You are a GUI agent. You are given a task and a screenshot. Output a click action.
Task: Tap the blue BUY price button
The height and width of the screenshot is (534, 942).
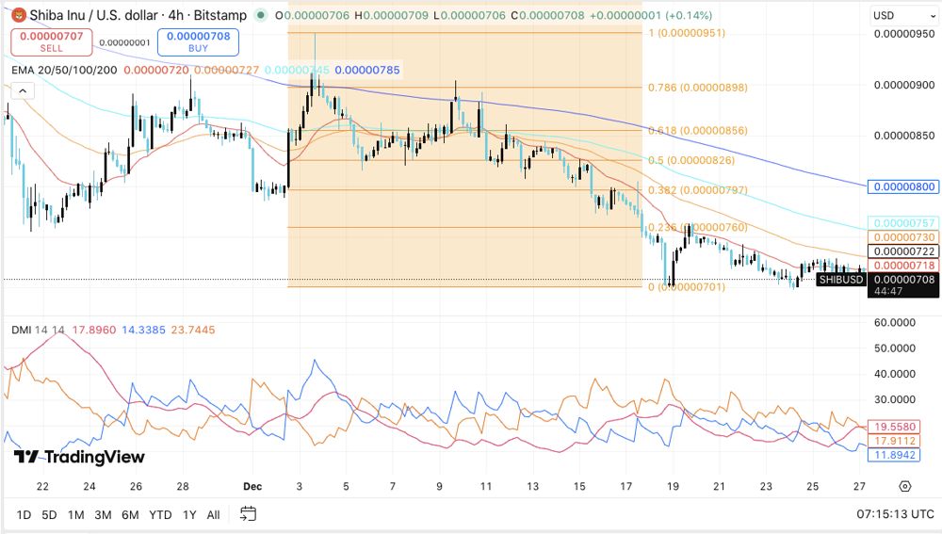(198, 41)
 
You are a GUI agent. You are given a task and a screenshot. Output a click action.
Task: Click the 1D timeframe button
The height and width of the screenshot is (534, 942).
(24, 514)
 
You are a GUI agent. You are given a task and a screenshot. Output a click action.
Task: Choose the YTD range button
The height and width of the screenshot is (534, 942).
(160, 514)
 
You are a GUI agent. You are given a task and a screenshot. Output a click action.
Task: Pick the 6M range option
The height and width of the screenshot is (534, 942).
(130, 514)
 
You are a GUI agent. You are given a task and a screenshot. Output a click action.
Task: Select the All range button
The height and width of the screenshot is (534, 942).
(213, 514)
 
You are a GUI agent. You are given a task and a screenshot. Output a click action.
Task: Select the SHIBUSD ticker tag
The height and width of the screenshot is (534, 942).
(840, 279)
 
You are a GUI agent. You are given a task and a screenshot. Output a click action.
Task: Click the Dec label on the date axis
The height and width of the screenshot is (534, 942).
(252, 486)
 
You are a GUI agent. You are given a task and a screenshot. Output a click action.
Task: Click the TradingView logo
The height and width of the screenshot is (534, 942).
(80, 457)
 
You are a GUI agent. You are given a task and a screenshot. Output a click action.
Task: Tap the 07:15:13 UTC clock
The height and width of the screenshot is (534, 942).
(895, 514)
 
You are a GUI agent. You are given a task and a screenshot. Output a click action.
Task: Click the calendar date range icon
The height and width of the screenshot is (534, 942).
(248, 514)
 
